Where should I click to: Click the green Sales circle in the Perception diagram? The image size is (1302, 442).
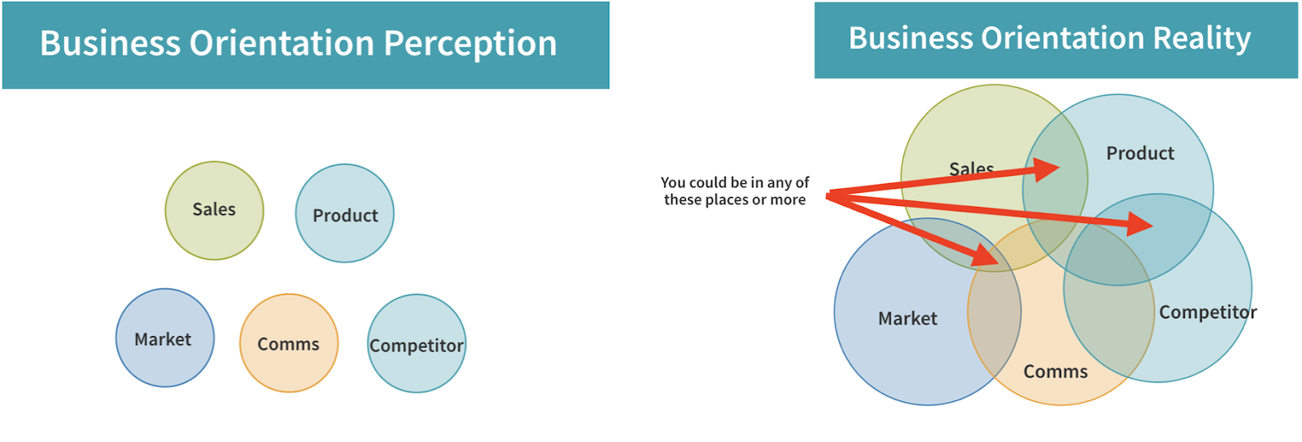215,211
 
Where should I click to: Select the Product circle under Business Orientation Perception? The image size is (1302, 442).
345,213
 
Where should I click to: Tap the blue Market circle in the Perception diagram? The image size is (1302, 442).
165,338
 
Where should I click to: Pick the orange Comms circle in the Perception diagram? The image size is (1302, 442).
289,344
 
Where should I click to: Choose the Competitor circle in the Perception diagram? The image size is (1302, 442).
417,344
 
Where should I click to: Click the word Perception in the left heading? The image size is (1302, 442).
470,44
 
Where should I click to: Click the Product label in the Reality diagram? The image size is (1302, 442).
1140,153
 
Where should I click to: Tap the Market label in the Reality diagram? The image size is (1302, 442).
908,319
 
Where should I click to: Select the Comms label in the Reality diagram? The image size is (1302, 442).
1055,372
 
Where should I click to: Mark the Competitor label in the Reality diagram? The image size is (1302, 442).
1208,313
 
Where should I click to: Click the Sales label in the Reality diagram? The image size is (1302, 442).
972,168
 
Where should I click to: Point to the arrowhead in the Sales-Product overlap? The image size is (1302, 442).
1046,170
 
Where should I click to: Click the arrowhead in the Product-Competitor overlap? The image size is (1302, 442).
1140,224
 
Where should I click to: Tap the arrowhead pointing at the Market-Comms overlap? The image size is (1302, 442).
985,256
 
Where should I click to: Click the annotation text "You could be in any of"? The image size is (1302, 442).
735,182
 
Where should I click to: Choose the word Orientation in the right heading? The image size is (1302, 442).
1064,38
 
